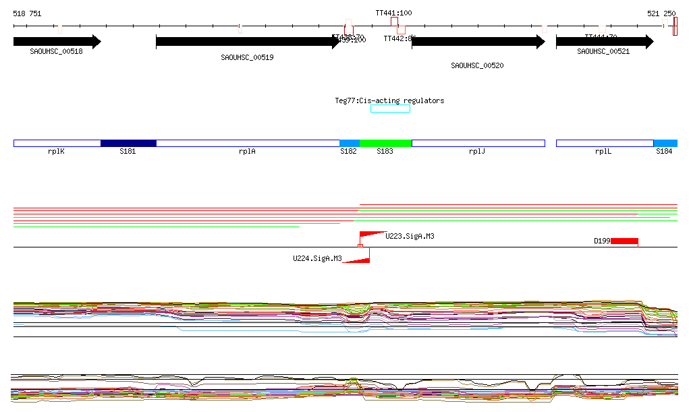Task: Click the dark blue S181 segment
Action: coord(128,143)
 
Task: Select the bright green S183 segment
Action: coord(385,143)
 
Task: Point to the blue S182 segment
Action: coord(350,143)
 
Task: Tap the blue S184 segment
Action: coord(665,143)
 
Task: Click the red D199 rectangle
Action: coord(624,241)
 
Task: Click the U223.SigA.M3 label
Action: coord(410,236)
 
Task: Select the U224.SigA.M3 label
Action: coord(317,258)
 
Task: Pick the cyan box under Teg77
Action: coord(390,109)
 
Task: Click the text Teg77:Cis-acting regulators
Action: coord(389,100)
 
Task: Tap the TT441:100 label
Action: coord(393,13)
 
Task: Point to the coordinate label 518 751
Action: coord(27,13)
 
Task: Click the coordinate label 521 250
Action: coord(661,13)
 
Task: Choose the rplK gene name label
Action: coord(56,152)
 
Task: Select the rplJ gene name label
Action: coord(477,152)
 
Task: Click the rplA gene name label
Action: coord(247,152)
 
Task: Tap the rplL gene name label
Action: coord(603,152)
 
